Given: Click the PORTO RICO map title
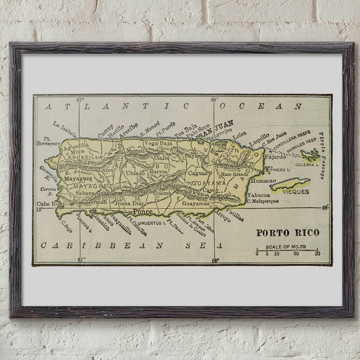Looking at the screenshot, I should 288,233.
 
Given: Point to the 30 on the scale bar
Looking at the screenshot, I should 317,253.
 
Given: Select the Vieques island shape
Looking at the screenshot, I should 290,184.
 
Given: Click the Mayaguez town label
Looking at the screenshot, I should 78,179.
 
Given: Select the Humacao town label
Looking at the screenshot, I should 263,180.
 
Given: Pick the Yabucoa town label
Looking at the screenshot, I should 258,194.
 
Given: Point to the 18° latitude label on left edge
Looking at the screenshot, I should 38,209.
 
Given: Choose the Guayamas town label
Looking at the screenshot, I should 196,203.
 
